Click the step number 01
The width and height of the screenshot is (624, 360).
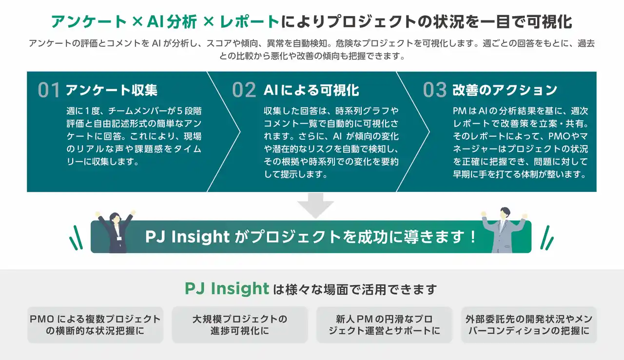(x=48, y=90)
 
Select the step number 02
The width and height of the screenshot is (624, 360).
(x=243, y=90)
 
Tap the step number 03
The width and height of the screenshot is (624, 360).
(x=434, y=90)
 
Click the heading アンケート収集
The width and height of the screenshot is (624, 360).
(x=111, y=90)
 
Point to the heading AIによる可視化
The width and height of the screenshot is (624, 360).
(x=311, y=90)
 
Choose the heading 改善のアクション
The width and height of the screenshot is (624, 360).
(x=505, y=90)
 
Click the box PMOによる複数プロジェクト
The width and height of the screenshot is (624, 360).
(x=95, y=325)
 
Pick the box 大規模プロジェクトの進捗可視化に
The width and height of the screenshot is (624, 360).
(x=240, y=325)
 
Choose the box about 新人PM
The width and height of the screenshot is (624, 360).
(x=385, y=325)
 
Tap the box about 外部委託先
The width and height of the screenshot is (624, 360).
(x=529, y=325)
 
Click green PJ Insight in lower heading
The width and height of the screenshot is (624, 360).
(x=227, y=289)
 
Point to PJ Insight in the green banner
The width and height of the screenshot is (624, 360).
(x=187, y=237)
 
